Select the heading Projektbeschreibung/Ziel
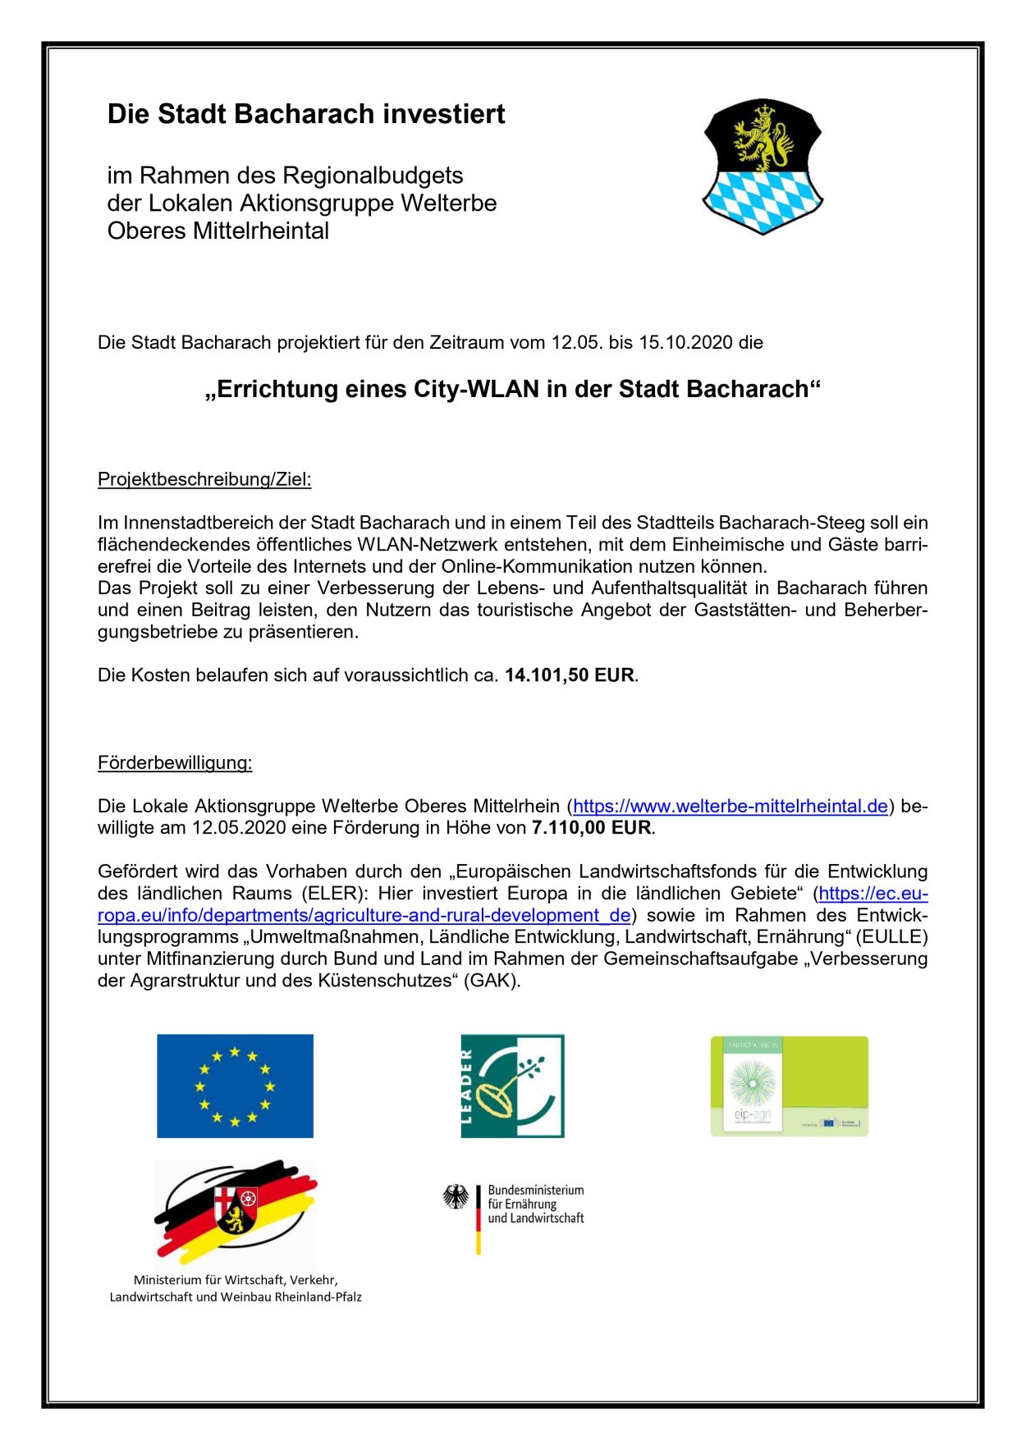click(x=204, y=479)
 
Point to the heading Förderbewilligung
click(x=175, y=763)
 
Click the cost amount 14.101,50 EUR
click(x=570, y=675)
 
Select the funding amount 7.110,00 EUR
click(x=591, y=828)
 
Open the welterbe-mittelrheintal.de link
click(x=730, y=807)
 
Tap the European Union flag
click(x=235, y=1086)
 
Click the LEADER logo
click(x=512, y=1086)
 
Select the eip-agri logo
click(x=789, y=1086)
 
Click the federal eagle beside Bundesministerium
click(x=456, y=1196)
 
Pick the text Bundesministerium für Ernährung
click(x=535, y=1197)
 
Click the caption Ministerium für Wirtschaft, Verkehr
click(x=236, y=1280)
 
